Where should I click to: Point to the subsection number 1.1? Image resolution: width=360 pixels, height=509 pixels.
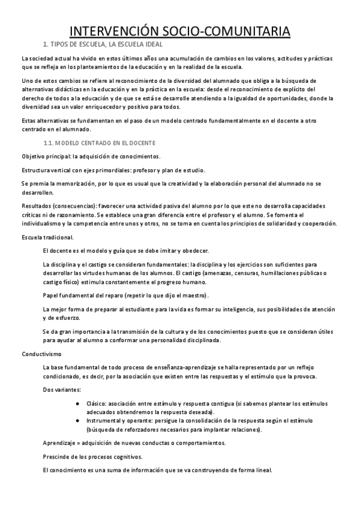click(49, 143)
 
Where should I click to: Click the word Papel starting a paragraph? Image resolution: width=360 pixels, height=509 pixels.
click(51, 295)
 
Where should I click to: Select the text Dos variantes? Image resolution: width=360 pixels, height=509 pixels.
click(60, 391)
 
